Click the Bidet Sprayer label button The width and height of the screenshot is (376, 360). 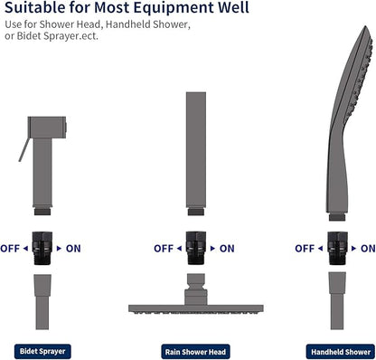[x=42, y=351]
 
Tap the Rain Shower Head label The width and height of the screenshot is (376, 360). [x=195, y=352]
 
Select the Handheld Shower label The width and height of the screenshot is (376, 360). [x=341, y=352]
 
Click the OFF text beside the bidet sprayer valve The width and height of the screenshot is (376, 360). [x=10, y=249]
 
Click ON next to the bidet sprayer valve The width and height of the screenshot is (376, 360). [x=73, y=249]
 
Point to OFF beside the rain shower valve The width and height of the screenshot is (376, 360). [x=164, y=249]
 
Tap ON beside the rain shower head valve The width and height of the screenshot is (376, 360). [x=227, y=249]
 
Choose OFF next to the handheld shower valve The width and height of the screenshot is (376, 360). [x=305, y=249]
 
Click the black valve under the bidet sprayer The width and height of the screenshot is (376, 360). [x=42, y=248]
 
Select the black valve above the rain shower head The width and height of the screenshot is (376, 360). [x=196, y=248]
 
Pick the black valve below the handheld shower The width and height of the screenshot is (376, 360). [x=337, y=248]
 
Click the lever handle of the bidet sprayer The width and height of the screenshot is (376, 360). [x=23, y=150]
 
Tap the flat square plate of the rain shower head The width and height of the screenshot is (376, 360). [x=196, y=308]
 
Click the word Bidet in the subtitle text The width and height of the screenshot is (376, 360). [x=29, y=36]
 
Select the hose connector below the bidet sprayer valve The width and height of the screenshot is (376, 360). [x=42, y=301]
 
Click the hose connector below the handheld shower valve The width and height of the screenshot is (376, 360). [x=337, y=300]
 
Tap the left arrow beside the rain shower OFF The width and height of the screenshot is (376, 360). [x=179, y=249]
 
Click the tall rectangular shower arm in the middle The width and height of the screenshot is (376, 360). [x=196, y=150]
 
